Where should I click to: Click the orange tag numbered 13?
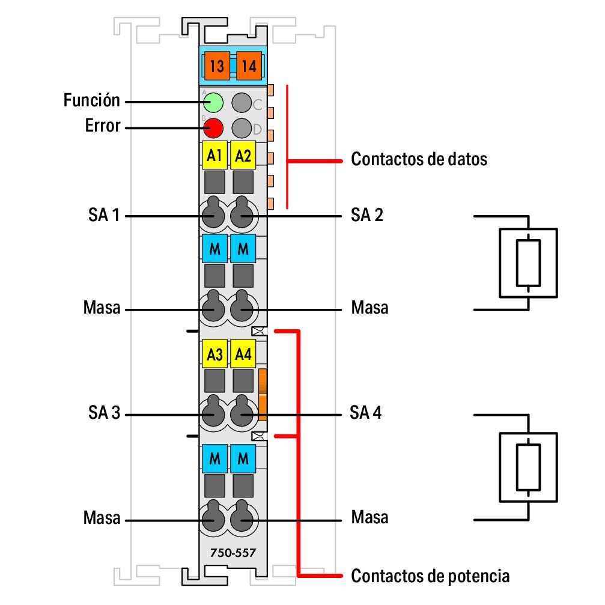(217, 65)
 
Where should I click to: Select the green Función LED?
(213, 102)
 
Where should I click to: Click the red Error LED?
(213, 127)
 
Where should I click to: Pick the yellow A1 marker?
(213, 156)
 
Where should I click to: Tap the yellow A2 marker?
(243, 156)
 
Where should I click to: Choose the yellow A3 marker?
(214, 354)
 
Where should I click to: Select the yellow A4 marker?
(243, 354)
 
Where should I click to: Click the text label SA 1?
(103, 214)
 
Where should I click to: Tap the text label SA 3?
(103, 414)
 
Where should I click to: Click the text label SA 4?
(366, 414)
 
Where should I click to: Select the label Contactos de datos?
(419, 160)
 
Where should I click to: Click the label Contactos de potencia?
(430, 576)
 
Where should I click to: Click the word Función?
(92, 100)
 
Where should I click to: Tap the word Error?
(103, 127)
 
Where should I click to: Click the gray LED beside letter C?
(242, 102)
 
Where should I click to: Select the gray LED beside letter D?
(242, 127)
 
